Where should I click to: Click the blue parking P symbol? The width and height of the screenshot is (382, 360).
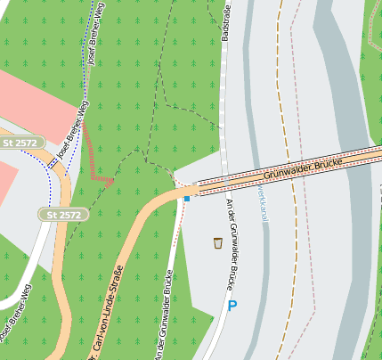point(232,306)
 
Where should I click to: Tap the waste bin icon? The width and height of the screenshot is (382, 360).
point(217,242)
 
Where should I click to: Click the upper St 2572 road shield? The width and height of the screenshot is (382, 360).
point(20,143)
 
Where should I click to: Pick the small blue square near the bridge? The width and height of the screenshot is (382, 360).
point(187,199)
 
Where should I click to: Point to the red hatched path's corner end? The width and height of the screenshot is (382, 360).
point(110,181)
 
